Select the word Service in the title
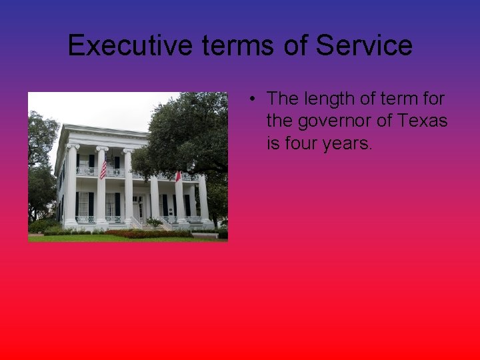[364, 45]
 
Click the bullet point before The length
[254, 99]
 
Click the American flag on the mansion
[103, 167]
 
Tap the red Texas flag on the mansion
[178, 177]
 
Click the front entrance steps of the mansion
[143, 225]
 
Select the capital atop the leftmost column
[72, 146]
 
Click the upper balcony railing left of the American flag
[86, 171]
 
